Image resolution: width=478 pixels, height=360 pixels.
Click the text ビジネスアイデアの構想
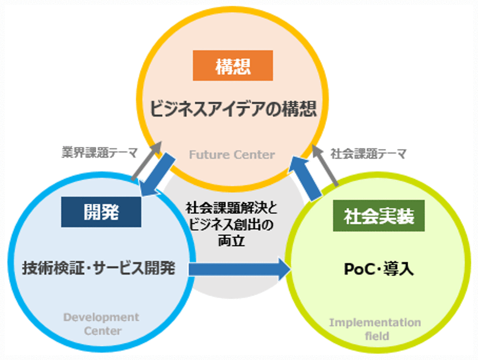click(233, 109)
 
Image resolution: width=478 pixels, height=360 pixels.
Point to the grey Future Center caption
click(232, 155)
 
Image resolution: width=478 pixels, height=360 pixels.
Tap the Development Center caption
click(101, 324)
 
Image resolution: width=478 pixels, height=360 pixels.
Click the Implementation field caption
click(375, 328)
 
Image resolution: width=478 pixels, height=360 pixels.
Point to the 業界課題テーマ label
click(100, 153)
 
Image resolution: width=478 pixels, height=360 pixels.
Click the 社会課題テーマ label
click(368, 154)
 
